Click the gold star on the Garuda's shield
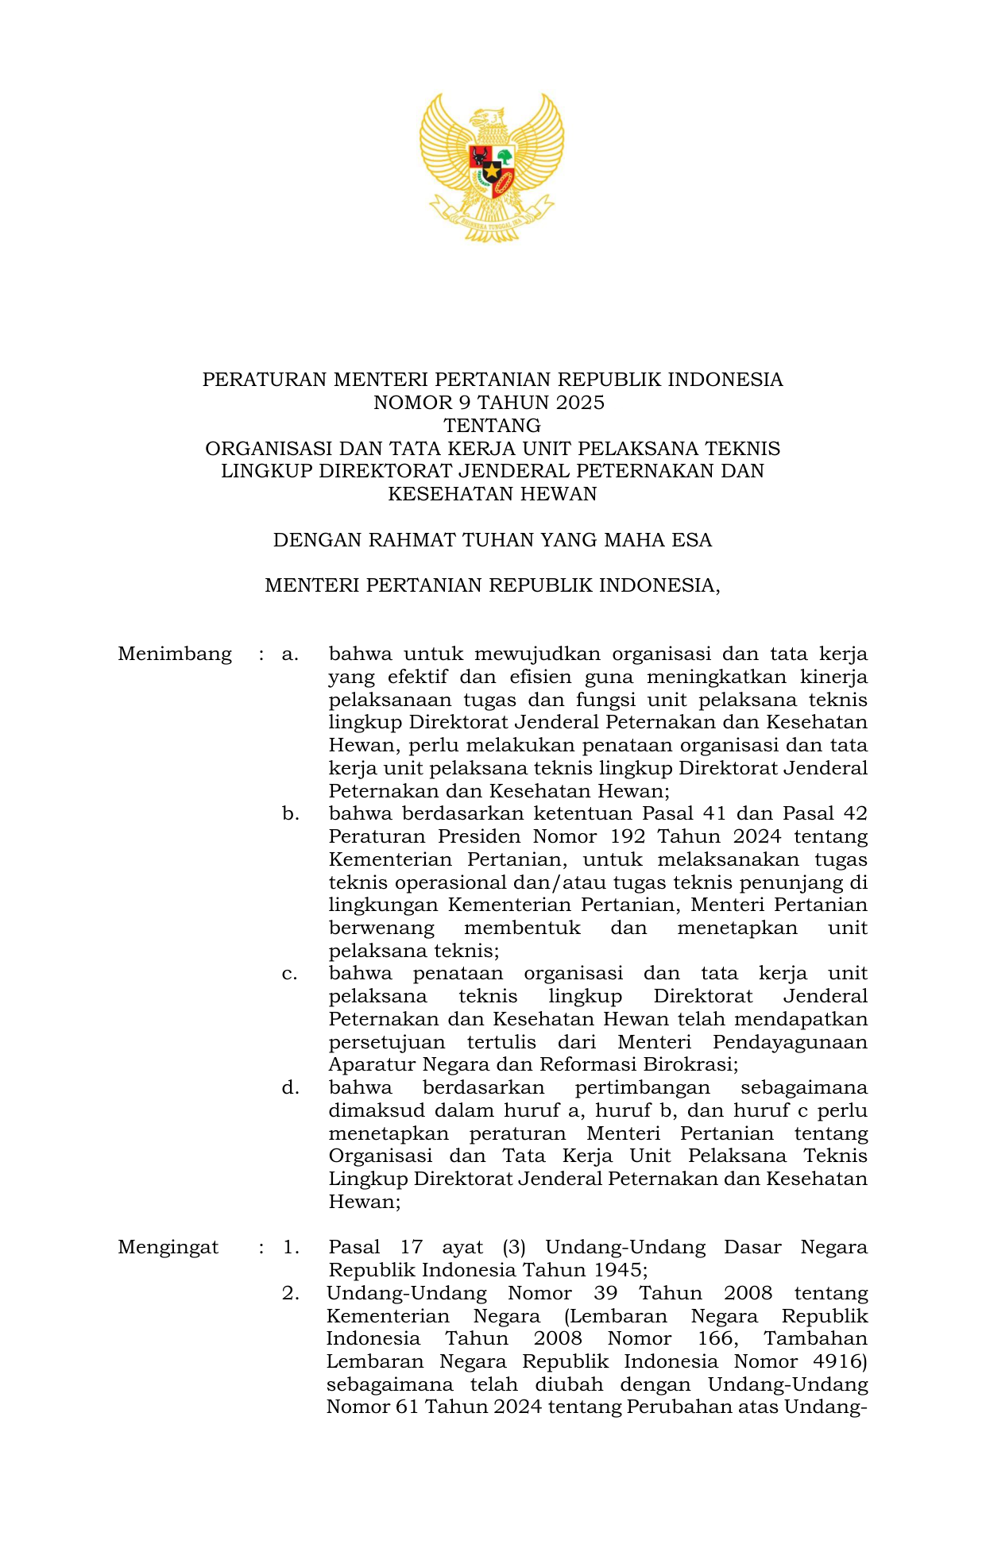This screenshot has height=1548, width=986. pos(492,171)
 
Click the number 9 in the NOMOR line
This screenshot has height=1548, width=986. pos(454,403)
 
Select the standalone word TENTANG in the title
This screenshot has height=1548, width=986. pos(493,426)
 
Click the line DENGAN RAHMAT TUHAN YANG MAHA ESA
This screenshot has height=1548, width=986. pos(493,541)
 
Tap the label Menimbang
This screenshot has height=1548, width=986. pos(175,654)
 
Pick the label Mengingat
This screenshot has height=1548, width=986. pos(168,1247)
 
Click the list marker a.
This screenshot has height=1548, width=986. pos(290,654)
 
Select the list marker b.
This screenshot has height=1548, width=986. pos(290,814)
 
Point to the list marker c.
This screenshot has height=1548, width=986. pos(290,974)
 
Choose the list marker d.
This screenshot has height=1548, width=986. pos(290,1088)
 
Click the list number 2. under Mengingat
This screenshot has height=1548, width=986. pos(291,1294)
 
